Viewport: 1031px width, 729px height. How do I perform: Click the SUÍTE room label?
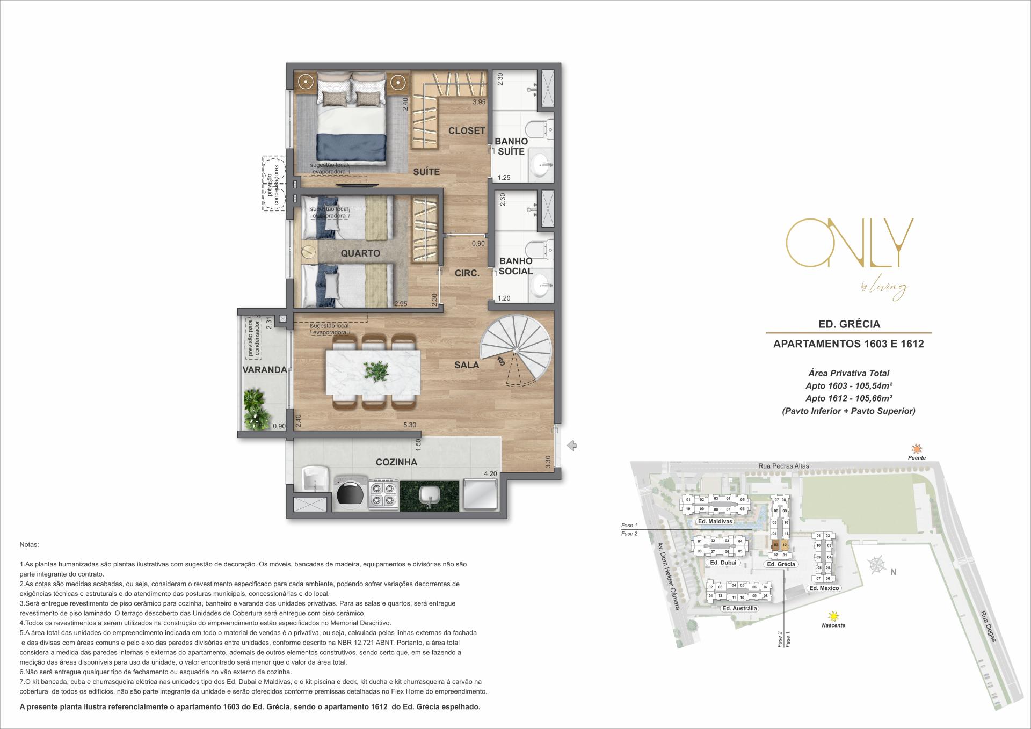(x=426, y=172)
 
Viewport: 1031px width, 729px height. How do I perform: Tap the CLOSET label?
(x=467, y=130)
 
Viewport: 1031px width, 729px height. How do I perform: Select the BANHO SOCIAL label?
(x=515, y=266)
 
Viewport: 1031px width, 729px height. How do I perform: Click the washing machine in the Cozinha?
(x=351, y=493)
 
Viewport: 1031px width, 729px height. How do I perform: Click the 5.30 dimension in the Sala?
(x=409, y=425)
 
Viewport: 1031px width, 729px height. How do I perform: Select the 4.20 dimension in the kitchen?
(x=490, y=474)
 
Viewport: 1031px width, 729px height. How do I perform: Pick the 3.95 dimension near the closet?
(x=478, y=102)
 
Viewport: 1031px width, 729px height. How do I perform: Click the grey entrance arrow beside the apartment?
(x=572, y=445)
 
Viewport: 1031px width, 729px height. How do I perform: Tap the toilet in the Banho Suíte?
(x=538, y=129)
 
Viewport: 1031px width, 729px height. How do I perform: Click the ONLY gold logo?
(x=850, y=244)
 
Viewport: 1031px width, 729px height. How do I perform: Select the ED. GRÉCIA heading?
(x=848, y=324)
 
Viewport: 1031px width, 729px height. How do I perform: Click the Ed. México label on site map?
(x=824, y=588)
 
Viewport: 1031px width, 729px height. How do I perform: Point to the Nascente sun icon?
(x=833, y=616)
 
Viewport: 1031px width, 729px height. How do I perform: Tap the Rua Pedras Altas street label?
(x=783, y=466)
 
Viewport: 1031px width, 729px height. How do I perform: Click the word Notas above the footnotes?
(x=29, y=544)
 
